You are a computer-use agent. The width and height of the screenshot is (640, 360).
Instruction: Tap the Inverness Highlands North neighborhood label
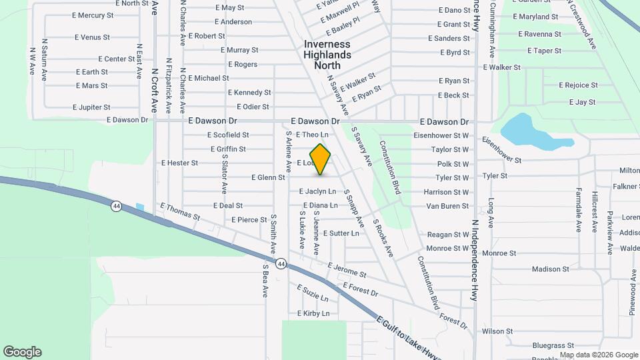click(x=327, y=55)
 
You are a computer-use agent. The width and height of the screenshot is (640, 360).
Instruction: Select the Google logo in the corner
click(x=22, y=352)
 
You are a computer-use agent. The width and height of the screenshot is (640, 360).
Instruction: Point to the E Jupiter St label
click(x=91, y=107)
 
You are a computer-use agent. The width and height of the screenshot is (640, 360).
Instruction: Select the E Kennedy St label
click(x=249, y=93)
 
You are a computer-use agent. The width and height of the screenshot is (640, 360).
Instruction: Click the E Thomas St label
click(x=180, y=211)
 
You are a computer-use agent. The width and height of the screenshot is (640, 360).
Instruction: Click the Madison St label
click(x=550, y=269)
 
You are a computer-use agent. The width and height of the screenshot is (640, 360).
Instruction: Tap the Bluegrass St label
click(x=553, y=345)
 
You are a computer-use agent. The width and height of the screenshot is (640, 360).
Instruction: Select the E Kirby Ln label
click(x=313, y=313)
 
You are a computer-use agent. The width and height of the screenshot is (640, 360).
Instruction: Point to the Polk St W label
click(x=453, y=164)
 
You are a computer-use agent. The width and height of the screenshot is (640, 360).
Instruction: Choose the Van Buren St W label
click(x=448, y=206)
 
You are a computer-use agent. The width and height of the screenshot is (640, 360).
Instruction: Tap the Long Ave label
click(x=491, y=212)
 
